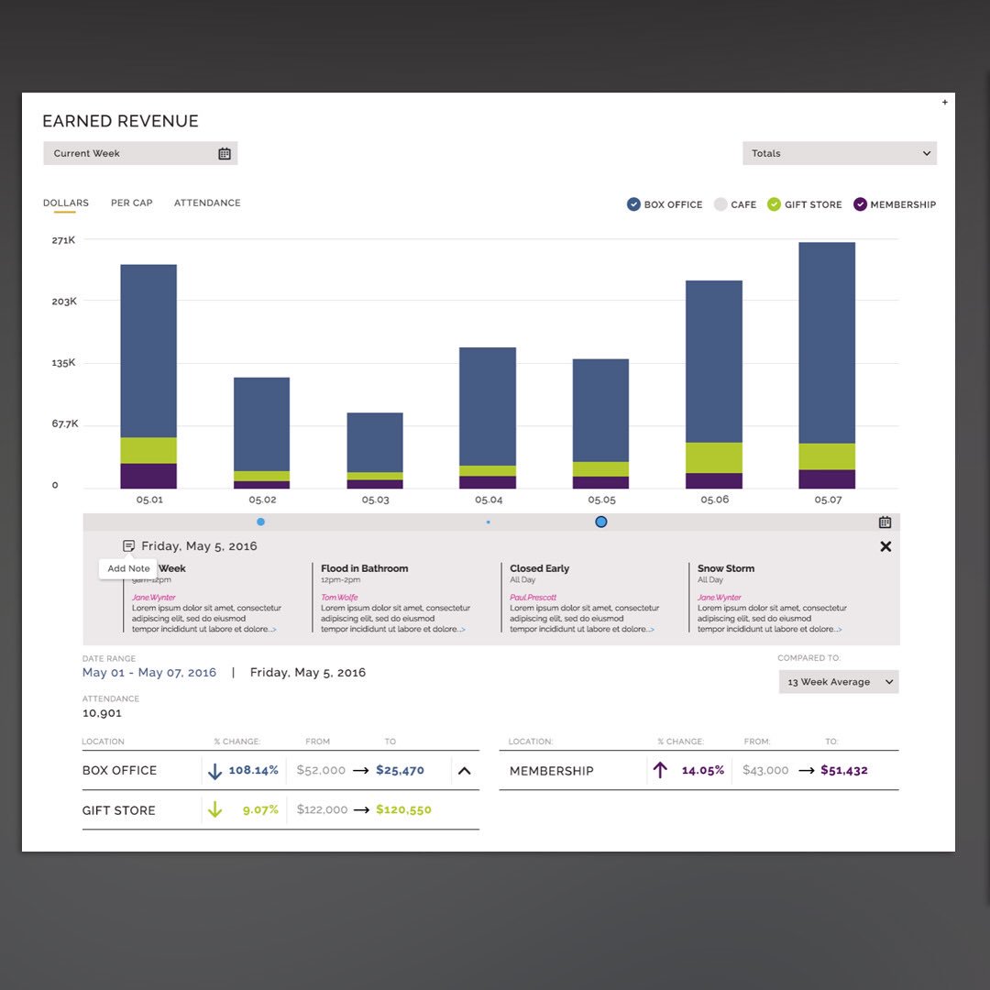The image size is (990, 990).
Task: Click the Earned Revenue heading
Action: (x=120, y=121)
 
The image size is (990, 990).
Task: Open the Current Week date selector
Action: (x=140, y=153)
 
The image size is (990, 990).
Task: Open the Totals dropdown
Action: (x=839, y=153)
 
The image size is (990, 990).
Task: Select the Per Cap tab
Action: (x=132, y=203)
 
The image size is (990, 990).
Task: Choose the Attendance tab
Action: (x=207, y=203)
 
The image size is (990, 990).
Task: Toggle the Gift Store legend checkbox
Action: (x=775, y=204)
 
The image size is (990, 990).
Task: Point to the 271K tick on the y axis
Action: (x=63, y=240)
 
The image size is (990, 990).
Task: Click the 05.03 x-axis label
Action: (x=375, y=500)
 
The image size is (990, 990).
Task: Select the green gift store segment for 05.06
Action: (x=714, y=457)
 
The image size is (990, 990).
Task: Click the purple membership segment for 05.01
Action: (x=148, y=476)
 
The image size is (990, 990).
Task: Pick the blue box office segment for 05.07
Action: (x=827, y=343)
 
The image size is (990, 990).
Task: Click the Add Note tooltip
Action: (x=128, y=568)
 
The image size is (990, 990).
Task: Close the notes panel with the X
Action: (x=885, y=546)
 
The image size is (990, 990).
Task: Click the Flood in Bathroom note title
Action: (x=365, y=568)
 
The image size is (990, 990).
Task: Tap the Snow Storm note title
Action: (x=726, y=568)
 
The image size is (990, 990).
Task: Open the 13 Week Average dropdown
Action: (x=838, y=682)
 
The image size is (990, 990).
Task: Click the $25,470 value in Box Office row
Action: (x=400, y=770)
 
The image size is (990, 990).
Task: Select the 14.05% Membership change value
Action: (x=702, y=770)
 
